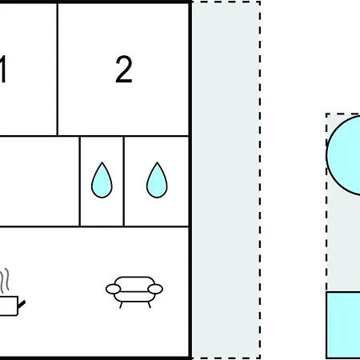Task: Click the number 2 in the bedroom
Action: (124, 70)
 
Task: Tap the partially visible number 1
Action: (3, 70)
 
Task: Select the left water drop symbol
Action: (102, 180)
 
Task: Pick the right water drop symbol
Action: (157, 180)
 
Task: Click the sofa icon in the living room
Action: (134, 292)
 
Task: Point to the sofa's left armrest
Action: (114, 289)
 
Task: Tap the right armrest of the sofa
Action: (155, 289)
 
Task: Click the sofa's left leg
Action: (121, 305)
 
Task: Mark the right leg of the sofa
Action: (150, 305)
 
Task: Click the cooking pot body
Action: (9, 306)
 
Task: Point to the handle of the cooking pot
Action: (22, 305)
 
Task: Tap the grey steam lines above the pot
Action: (5, 280)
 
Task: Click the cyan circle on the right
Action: (343, 155)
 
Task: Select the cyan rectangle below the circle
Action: (343, 325)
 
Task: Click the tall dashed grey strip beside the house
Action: (226, 180)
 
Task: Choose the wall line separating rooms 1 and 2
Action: (58, 70)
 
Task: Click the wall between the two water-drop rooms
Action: (124, 182)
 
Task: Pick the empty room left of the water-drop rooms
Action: (39, 182)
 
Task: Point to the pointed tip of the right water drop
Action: (157, 162)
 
